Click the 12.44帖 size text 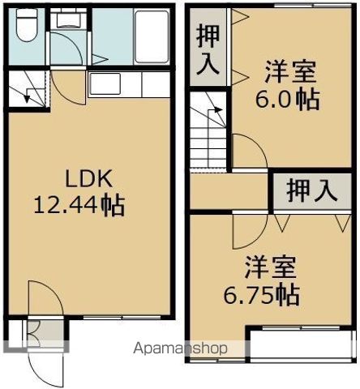tap(79, 205)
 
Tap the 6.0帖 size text tap(289, 100)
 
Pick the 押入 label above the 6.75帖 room tap(311, 191)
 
